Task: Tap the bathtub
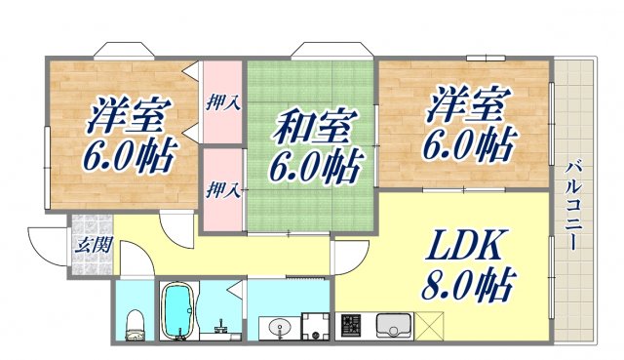point(177,311)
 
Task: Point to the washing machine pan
point(313,325)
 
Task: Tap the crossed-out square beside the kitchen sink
point(430,324)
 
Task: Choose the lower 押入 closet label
point(223,188)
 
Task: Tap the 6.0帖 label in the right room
point(467,145)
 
